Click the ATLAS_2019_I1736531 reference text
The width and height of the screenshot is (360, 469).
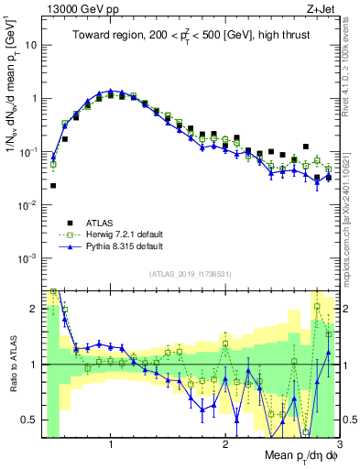[191, 274]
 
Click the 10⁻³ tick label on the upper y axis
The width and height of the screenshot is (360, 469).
[29, 258]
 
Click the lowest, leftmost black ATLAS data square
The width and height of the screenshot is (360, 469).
[53, 185]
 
